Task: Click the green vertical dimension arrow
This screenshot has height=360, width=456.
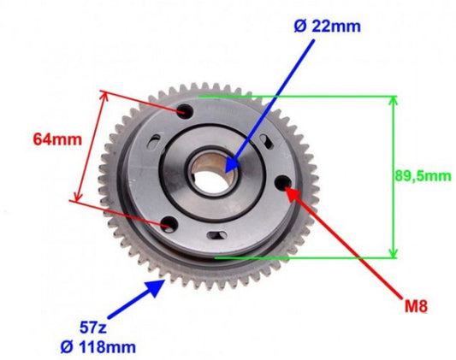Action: [x=394, y=175]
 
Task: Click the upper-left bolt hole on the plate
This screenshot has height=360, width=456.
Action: [x=187, y=111]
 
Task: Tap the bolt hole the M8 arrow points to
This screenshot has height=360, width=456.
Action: [x=284, y=181]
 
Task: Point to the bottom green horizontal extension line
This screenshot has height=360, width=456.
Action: [x=308, y=256]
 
